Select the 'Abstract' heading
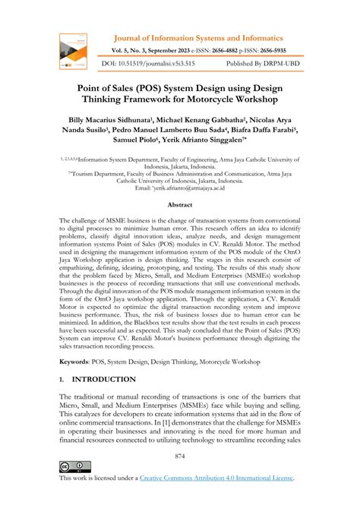click(179, 205)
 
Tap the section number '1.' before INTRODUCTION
click(62, 379)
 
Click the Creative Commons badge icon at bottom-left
click(74, 466)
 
